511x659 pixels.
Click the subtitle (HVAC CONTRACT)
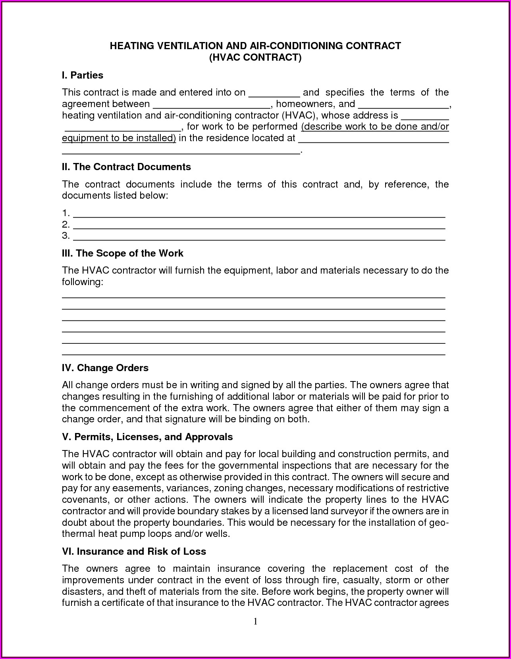[255, 57]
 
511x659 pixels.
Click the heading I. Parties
[82, 75]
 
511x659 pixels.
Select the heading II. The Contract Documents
[126, 167]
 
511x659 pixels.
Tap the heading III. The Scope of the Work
[122, 253]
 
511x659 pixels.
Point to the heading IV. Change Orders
[105, 368]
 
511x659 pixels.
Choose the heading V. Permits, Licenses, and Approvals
[147, 437]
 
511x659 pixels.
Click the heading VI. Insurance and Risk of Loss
[134, 551]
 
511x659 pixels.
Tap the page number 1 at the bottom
[256, 621]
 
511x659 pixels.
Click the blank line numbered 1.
[259, 214]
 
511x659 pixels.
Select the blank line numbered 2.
[259, 226]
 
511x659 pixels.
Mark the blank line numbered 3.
[259, 237]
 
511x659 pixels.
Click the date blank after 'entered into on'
[274, 94]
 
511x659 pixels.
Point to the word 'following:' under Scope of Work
[82, 282]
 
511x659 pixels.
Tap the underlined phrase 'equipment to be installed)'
[119, 138]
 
